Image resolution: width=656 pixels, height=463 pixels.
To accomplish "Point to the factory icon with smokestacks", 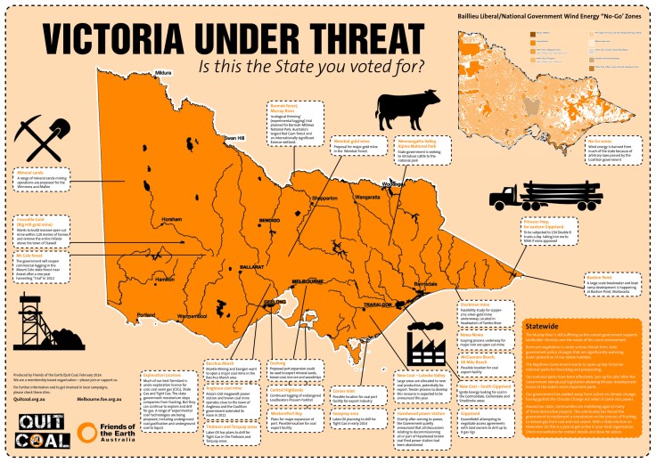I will pos(423,339).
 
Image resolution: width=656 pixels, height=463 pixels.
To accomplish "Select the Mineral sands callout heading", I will pos(29,173).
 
